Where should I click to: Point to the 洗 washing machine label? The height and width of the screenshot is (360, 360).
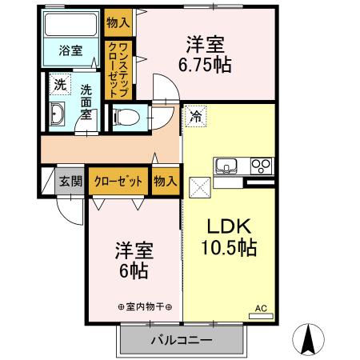point(59,83)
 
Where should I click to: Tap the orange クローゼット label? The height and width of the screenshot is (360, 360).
point(118,181)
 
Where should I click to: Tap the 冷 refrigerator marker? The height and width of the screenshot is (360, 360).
point(197,117)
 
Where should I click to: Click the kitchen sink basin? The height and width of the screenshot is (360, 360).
point(225,166)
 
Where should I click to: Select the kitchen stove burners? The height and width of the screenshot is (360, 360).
point(262,166)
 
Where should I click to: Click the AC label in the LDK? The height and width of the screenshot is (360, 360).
point(261,307)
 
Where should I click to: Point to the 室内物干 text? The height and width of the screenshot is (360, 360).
point(150,306)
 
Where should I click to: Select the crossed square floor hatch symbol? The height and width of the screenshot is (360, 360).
point(198,187)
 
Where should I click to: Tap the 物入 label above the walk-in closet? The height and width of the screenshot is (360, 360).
point(118,16)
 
